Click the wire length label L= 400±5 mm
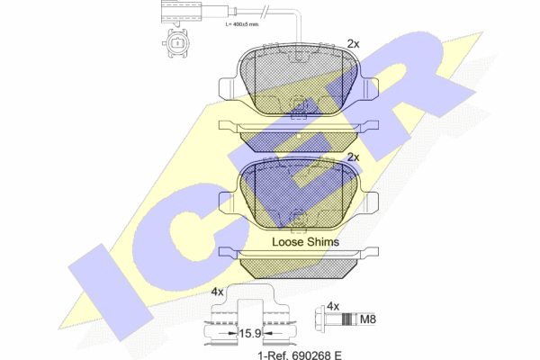(242, 24)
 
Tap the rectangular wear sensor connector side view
(181, 12)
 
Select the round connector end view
(176, 43)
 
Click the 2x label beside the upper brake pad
(353, 44)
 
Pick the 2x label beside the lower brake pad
(353, 157)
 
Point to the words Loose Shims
(305, 242)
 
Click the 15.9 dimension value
(250, 334)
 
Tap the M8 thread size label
(368, 319)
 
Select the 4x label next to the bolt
(333, 306)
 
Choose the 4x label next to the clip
(217, 292)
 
